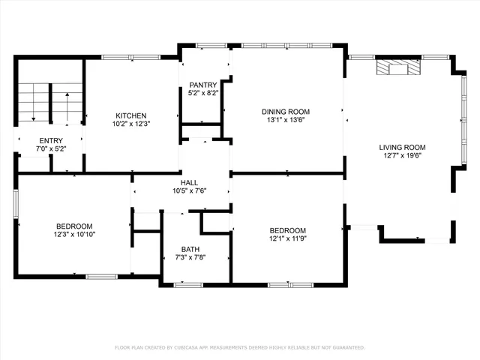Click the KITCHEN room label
(130, 115)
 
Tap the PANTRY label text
(202, 85)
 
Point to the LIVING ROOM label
(402, 147)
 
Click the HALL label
(189, 181)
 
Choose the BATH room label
(190, 249)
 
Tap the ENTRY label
(51, 140)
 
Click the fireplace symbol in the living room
(397, 68)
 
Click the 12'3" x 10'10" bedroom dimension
(74, 235)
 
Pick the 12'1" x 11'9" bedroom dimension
(288, 239)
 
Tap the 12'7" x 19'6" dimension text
(402, 156)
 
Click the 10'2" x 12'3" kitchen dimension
(130, 124)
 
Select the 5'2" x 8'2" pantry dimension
(202, 94)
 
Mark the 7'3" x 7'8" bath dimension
(190, 258)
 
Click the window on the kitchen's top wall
(124, 56)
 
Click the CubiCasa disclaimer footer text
(239, 347)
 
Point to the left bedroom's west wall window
(16, 203)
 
